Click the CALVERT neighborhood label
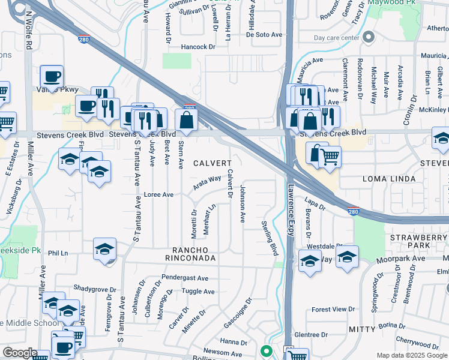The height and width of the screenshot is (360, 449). pos(212,163)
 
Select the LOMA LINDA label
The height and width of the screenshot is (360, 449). pos(388,179)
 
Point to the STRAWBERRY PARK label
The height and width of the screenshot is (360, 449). pos(419,241)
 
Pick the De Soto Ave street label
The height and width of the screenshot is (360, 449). pos(264,35)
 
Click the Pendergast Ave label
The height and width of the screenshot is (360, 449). pos(185,278)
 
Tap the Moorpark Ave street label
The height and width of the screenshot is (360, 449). pos(400,259)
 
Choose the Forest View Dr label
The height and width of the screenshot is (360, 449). pos(334,310)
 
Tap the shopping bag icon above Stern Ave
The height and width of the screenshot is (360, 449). pos(187,120)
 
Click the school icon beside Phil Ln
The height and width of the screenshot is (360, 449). pos(104,249)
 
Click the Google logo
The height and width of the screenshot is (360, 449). pos(20,353)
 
